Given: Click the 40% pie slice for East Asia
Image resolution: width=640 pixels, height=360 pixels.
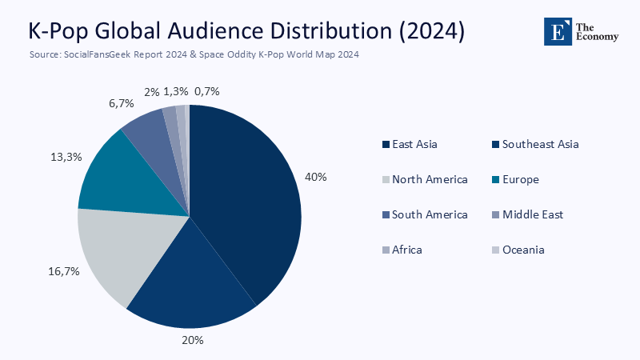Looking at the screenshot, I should [248, 200].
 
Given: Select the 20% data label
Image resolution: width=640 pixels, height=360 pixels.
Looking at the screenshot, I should [193, 340].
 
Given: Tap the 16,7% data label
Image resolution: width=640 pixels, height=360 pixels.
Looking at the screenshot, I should [64, 271].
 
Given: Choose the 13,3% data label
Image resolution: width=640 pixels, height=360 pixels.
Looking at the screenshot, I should [66, 157].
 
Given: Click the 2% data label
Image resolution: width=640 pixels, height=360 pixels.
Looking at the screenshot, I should [151, 92].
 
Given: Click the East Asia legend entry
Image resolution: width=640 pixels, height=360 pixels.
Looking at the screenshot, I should [410, 145].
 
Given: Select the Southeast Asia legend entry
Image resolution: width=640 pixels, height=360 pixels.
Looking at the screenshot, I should [534, 145].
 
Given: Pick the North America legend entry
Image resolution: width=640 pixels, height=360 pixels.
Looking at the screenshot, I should [424, 179].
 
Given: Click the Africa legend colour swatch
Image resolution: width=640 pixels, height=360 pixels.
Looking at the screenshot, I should [386, 250].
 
